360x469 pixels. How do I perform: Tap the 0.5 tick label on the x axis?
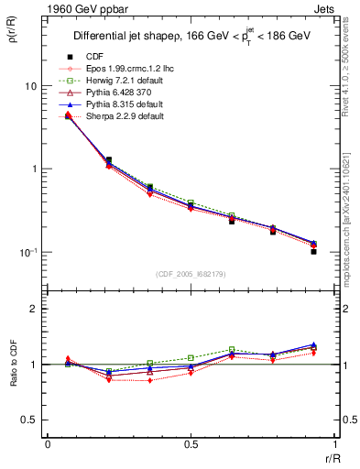tap(191, 444)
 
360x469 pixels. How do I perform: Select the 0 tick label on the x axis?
tap(48, 444)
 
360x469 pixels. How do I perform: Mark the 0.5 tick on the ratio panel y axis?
tap(27, 420)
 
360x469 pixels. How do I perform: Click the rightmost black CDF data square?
tap(313, 251)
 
